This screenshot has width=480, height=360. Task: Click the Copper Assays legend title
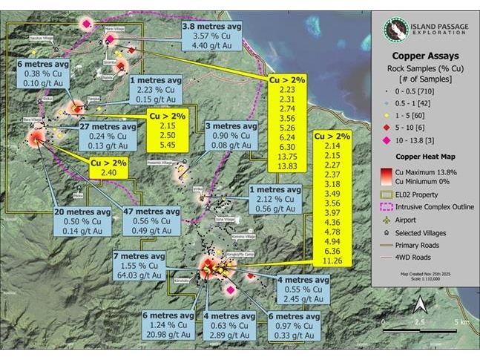click(424, 56)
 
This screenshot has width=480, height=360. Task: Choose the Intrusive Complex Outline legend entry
click(433, 206)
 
